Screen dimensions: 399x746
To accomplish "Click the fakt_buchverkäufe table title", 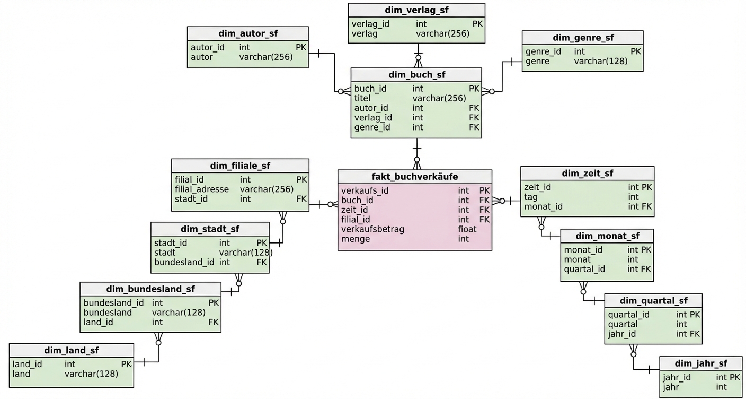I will [415, 177].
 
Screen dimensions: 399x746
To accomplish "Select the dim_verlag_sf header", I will [416, 10].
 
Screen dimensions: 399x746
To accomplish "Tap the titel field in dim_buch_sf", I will [362, 98].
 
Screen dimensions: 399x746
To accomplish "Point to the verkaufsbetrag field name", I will [372, 229].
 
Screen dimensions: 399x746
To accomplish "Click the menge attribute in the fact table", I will [356, 239].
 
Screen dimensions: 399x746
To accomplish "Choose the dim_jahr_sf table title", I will [701, 363].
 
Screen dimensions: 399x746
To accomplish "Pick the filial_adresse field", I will [202, 189].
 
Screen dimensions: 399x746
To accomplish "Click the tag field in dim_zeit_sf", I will [531, 197].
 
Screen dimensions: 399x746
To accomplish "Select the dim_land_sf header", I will [72, 350].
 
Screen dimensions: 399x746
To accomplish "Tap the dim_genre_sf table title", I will [583, 38].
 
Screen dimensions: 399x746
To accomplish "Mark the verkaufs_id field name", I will [365, 190].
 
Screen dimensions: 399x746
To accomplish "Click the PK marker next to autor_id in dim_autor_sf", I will [301, 47].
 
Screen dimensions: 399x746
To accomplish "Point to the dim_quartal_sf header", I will [653, 301].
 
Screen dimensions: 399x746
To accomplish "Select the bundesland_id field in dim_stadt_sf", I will [184, 262].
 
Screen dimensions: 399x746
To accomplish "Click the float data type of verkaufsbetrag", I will [467, 229].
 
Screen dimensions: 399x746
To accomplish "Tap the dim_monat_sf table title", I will [607, 236].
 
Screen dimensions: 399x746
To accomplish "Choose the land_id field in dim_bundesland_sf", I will [99, 322].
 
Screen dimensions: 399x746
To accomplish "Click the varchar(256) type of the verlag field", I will [442, 34].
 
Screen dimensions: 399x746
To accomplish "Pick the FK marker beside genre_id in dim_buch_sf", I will [474, 127].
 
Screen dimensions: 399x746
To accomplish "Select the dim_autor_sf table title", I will [248, 33].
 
